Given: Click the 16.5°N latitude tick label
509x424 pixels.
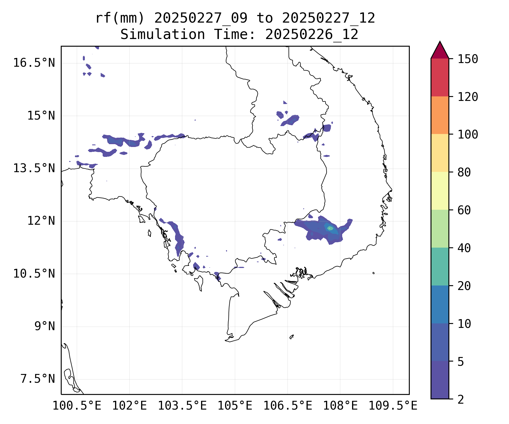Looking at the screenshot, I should pyautogui.click(x=34, y=63).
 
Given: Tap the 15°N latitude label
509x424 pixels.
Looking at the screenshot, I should pyautogui.click(x=41, y=116).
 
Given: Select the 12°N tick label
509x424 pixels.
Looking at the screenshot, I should pyautogui.click(x=41, y=221).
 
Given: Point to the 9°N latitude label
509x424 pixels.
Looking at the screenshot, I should pyautogui.click(x=45, y=326).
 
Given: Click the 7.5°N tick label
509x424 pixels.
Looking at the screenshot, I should pyautogui.click(x=38, y=379).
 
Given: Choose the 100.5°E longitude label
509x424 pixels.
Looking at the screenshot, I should pyautogui.click(x=77, y=406).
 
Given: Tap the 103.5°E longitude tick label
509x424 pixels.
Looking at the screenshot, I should pyautogui.click(x=182, y=406).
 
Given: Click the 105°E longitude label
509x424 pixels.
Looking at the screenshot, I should pyautogui.click(x=235, y=406).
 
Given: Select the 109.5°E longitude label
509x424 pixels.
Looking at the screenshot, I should pyautogui.click(x=393, y=406).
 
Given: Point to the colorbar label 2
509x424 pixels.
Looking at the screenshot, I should pyautogui.click(x=461, y=400).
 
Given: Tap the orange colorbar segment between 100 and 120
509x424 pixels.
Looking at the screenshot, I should pyautogui.click(x=440, y=115).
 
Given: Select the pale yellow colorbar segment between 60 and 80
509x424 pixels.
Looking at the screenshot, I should pyautogui.click(x=440, y=191).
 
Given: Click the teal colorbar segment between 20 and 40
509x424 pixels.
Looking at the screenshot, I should pyautogui.click(x=440, y=266).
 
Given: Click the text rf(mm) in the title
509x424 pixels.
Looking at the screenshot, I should pyautogui.click(x=120, y=18).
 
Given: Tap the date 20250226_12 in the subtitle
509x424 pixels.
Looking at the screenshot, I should pyautogui.click(x=312, y=35).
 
